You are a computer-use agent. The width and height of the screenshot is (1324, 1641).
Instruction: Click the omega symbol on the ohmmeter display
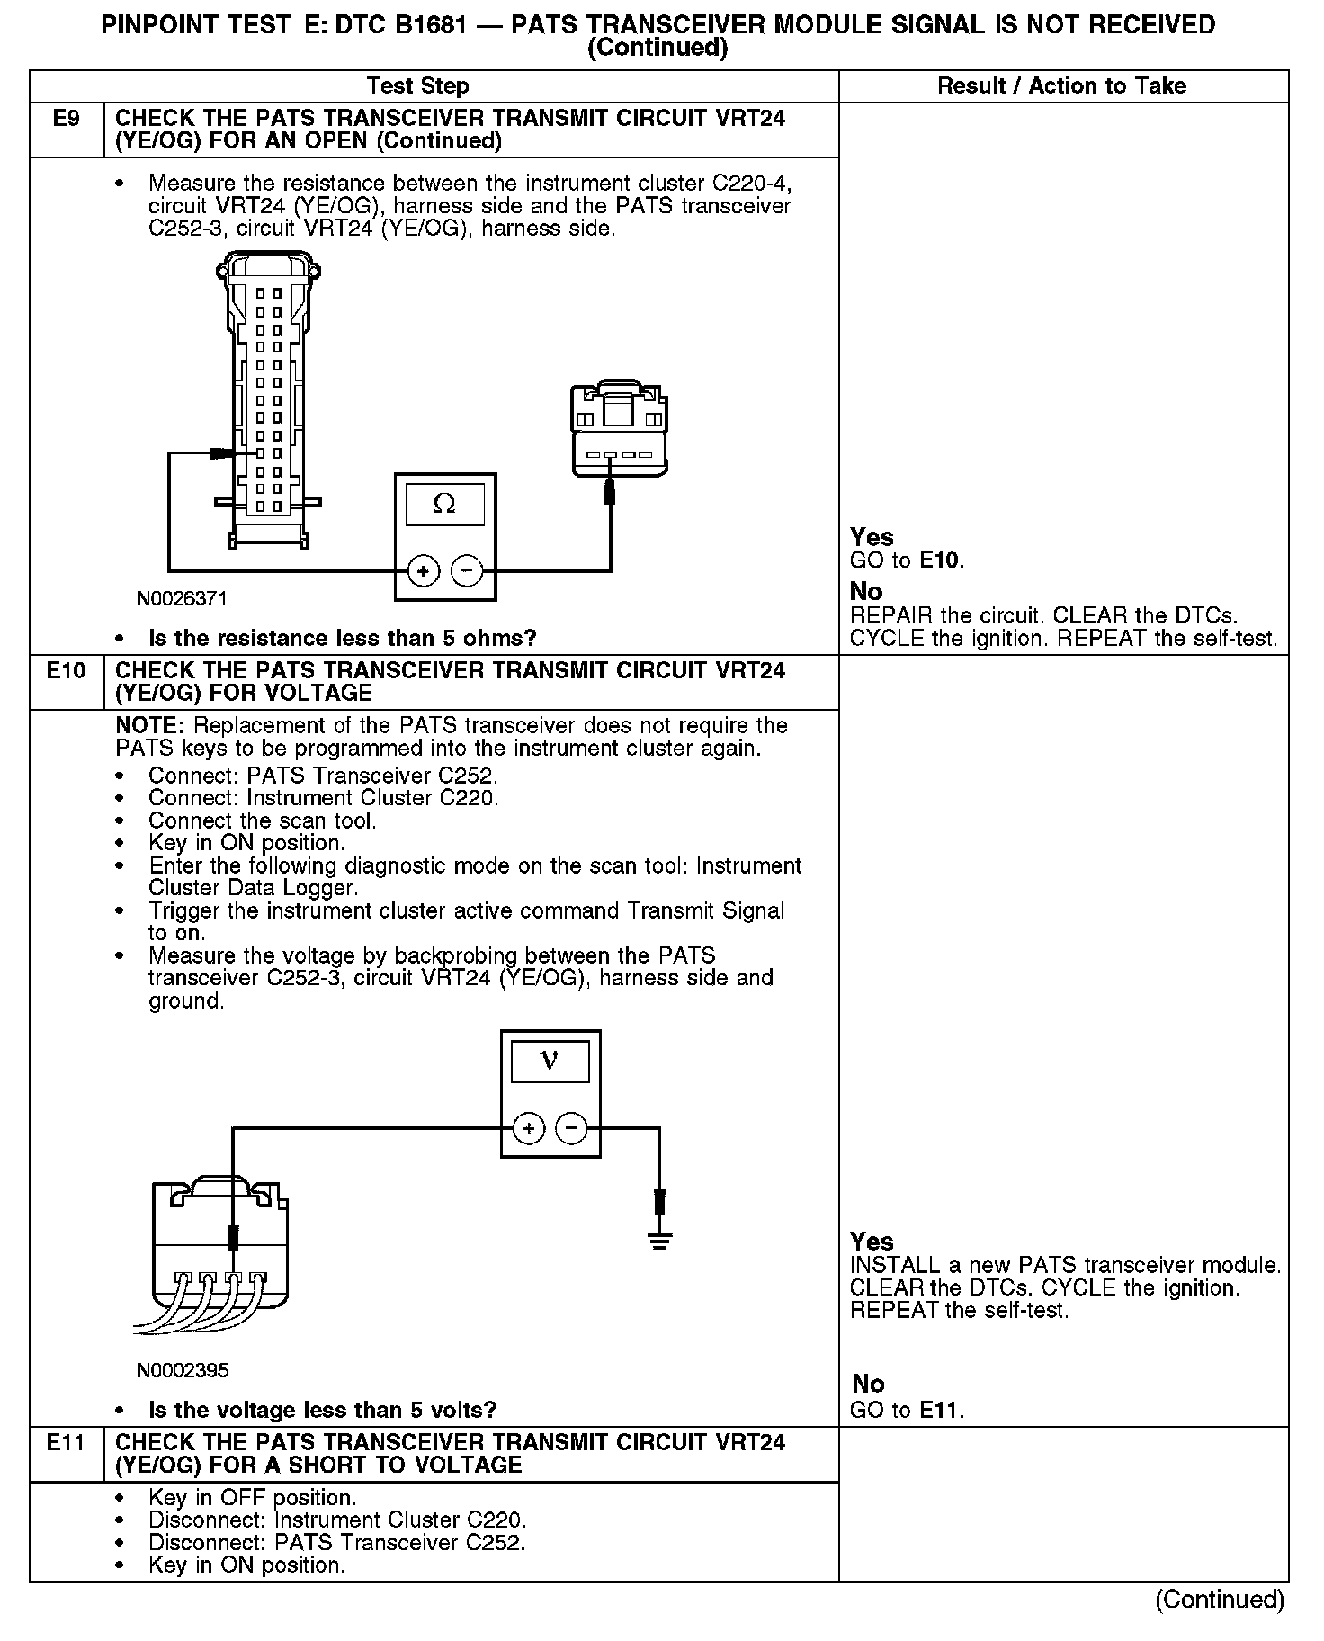click(444, 504)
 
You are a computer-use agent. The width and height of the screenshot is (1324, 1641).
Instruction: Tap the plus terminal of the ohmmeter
click(423, 570)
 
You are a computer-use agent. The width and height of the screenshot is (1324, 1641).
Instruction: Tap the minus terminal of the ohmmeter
click(466, 570)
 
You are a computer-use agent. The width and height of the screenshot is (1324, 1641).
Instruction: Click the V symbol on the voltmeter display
click(550, 1062)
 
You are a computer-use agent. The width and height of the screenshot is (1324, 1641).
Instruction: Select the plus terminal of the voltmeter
click(529, 1128)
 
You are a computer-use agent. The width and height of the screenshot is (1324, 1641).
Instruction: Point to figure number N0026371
click(182, 598)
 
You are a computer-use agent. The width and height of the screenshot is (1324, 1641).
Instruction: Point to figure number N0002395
click(183, 1370)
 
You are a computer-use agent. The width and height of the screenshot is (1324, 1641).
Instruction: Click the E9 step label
click(67, 118)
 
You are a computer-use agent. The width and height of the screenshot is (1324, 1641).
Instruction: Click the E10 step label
click(67, 670)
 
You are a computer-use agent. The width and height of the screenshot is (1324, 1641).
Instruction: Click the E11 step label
click(67, 1442)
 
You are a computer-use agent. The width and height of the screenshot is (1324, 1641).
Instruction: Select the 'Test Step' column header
click(417, 86)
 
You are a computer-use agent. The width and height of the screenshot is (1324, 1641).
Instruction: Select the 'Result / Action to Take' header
click(1061, 86)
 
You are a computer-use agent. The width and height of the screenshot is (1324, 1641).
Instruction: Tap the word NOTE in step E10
click(149, 726)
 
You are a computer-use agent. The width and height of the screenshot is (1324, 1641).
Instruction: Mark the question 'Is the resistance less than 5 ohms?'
click(342, 639)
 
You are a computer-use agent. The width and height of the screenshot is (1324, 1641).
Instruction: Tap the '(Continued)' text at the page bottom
click(1220, 1599)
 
